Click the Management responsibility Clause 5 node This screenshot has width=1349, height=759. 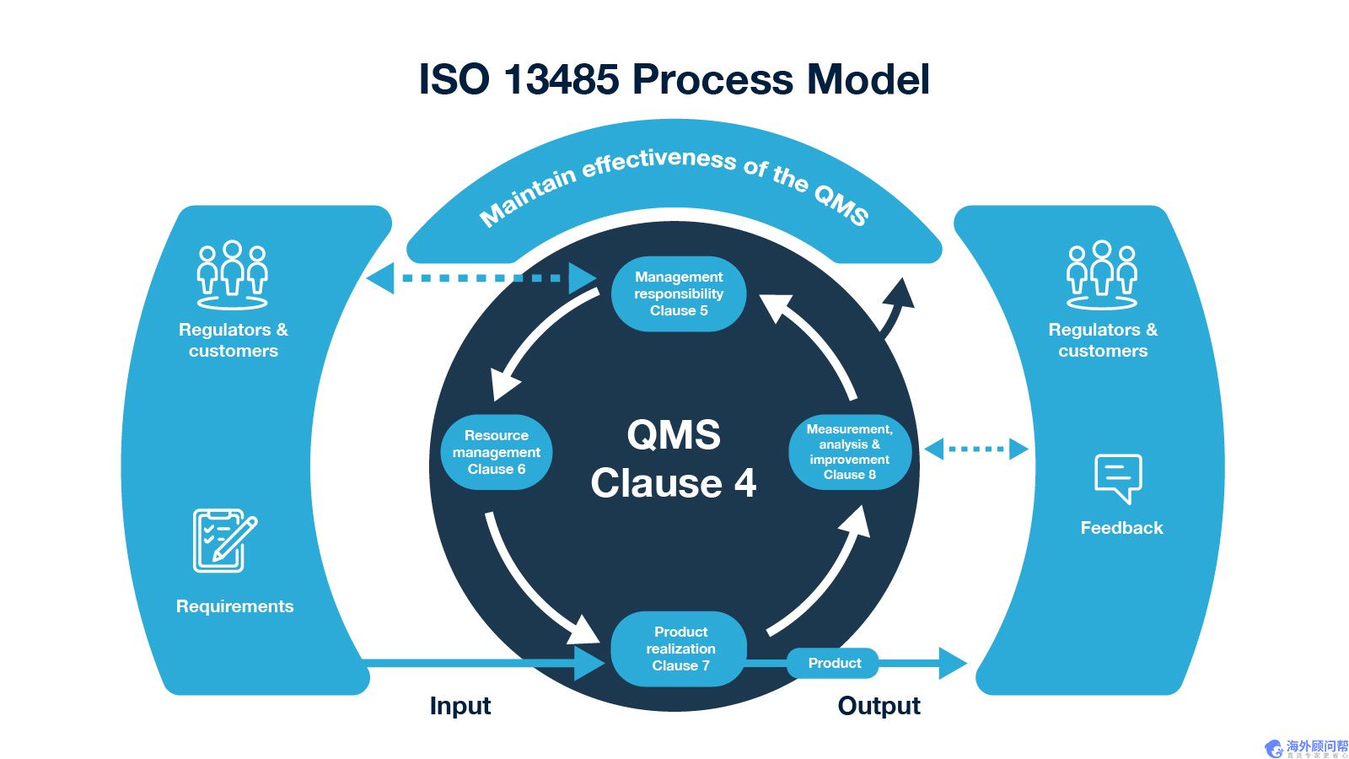coord(679,293)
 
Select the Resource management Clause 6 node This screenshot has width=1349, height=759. coord(497,452)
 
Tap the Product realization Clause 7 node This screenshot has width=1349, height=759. coord(680,649)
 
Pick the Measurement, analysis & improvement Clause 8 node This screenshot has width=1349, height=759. coord(849,452)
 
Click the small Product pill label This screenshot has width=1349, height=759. coord(834,663)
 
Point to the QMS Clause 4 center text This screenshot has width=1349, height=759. coord(674,459)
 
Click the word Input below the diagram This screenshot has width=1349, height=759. coord(460,705)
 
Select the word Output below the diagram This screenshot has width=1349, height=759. coord(879,705)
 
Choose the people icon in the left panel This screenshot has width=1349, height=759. coord(232,274)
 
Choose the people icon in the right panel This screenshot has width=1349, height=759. coord(1101,274)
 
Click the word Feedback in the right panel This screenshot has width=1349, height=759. coord(1121,528)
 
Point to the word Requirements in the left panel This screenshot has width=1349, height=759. coord(234,606)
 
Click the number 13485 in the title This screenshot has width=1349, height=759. coord(561,79)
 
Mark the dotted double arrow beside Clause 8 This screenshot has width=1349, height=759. coord(976,449)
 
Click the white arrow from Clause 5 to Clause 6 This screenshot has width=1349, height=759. coord(540,342)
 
